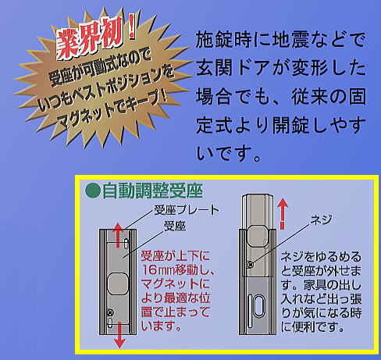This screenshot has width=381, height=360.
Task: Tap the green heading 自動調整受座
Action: coord(152,191)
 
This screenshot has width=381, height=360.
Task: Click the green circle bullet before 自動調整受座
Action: coord(93,191)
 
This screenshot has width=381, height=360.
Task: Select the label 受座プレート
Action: coord(187,210)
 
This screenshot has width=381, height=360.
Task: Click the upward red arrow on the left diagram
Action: coord(118,235)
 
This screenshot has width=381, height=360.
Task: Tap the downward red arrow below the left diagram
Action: coord(119,335)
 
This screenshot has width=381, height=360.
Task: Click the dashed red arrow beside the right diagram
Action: coord(283,214)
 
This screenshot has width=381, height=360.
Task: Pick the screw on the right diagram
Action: coord(251,265)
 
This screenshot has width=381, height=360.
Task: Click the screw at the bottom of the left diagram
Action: coord(109,312)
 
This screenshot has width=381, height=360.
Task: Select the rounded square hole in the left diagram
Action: coord(118,283)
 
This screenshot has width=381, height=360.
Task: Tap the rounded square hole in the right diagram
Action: coord(258,236)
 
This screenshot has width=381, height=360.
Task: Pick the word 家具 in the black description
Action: coord(315,285)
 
